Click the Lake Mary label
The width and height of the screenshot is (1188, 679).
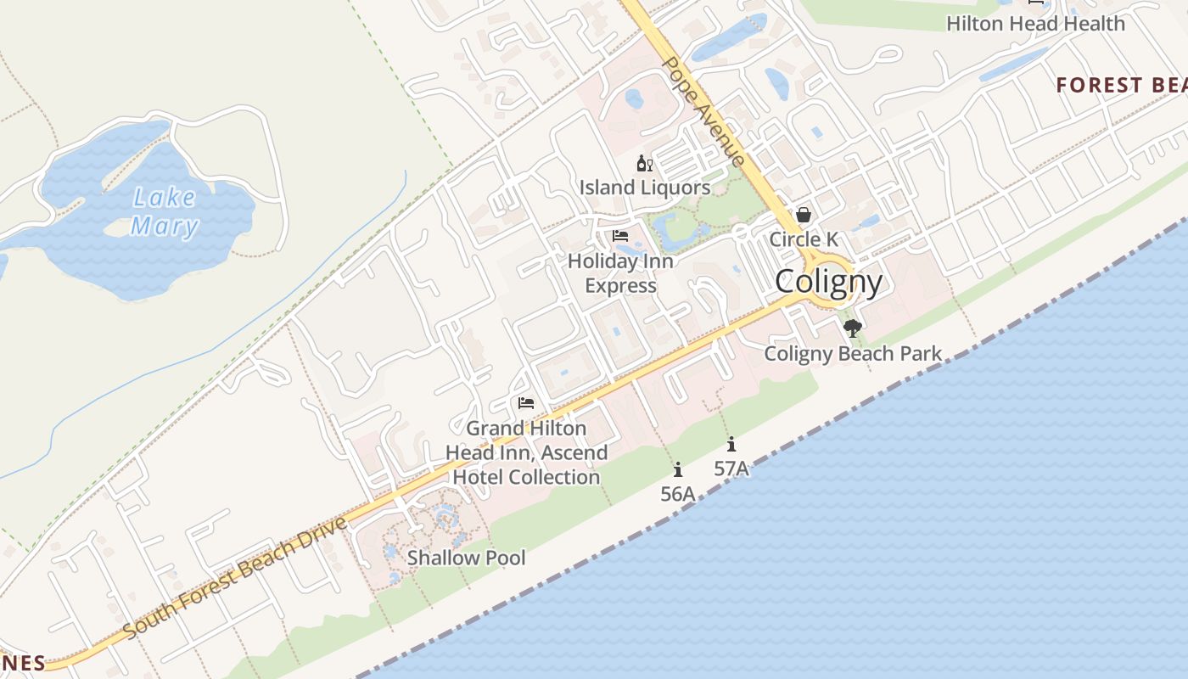165,212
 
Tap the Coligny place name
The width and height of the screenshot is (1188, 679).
828,281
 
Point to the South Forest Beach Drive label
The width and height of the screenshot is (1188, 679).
235,577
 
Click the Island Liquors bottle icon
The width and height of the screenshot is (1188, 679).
644,163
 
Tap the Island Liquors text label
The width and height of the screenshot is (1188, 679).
645,187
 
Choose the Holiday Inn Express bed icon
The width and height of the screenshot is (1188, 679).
620,236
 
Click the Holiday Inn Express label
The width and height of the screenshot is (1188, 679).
620,272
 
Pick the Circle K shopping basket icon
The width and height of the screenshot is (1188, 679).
803,216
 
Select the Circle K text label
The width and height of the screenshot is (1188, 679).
804,239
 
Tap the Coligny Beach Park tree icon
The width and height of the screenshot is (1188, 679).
852,328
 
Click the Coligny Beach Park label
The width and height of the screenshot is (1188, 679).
853,353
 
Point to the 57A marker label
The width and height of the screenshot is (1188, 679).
731,468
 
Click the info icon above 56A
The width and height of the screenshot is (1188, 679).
677,469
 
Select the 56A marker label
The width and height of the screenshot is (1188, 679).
678,493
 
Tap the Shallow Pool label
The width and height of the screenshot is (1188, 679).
466,558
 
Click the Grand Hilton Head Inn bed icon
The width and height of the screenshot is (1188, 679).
526,403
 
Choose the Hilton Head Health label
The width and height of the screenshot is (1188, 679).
1035,24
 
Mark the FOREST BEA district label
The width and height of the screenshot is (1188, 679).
1120,85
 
